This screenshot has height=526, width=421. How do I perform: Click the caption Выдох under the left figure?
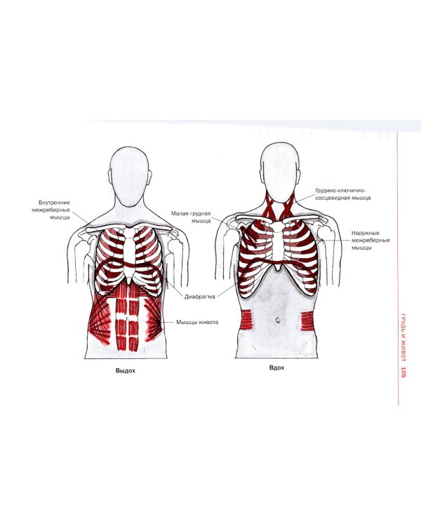click(125, 371)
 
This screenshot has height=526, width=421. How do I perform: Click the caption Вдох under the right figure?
click(276, 367)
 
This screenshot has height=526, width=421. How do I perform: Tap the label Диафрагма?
click(199, 297)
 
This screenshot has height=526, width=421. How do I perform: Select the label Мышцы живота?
click(197, 322)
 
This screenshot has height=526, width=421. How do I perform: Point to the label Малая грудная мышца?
click(191, 217)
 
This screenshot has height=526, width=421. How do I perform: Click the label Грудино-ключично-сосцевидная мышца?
click(343, 194)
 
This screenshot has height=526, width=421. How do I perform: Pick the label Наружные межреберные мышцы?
click(370, 240)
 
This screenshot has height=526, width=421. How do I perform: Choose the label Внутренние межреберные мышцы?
click(51, 210)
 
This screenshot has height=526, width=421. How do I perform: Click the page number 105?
click(403, 372)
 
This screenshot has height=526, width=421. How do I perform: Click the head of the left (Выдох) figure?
click(130, 177)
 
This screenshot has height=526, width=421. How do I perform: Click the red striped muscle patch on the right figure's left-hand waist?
click(247, 320)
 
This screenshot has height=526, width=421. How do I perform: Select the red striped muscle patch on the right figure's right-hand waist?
click(307, 321)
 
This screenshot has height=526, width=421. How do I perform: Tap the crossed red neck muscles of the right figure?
click(279, 206)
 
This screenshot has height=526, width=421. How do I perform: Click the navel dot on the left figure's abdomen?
click(127, 317)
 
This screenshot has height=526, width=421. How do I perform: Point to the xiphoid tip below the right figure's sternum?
click(277, 268)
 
